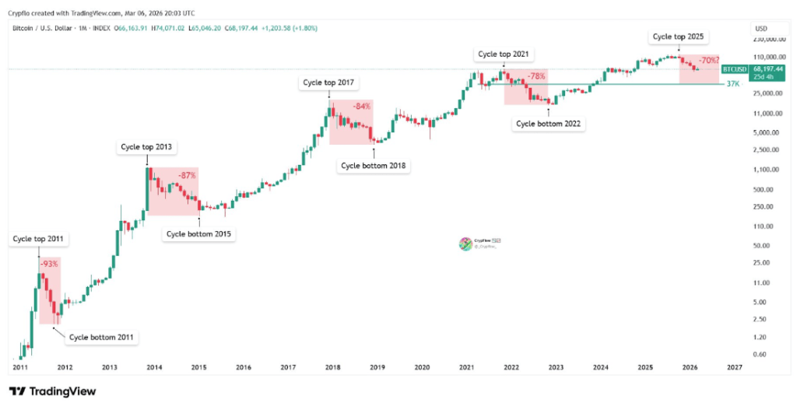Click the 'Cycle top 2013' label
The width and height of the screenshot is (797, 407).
pyautogui.click(x=146, y=146)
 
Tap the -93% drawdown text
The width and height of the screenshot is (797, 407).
pyautogui.click(x=49, y=265)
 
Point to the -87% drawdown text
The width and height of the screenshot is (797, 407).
pyautogui.click(x=187, y=176)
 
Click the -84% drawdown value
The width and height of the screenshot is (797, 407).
pyautogui.click(x=362, y=106)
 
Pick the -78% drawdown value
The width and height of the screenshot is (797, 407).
pyautogui.click(x=536, y=76)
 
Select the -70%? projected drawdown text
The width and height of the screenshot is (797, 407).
pyautogui.click(x=708, y=60)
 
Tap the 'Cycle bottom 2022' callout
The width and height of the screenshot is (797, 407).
pyautogui.click(x=549, y=123)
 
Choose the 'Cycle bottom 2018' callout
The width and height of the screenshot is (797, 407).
pyautogui.click(x=374, y=165)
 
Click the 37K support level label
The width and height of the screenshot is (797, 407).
pyautogui.click(x=732, y=83)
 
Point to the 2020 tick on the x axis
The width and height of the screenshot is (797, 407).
pyautogui.click(x=422, y=367)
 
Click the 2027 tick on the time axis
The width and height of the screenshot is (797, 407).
pyautogui.click(x=732, y=367)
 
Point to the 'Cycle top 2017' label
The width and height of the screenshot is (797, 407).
pyautogui.click(x=328, y=83)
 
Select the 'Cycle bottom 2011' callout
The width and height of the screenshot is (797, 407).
pyautogui.click(x=101, y=337)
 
